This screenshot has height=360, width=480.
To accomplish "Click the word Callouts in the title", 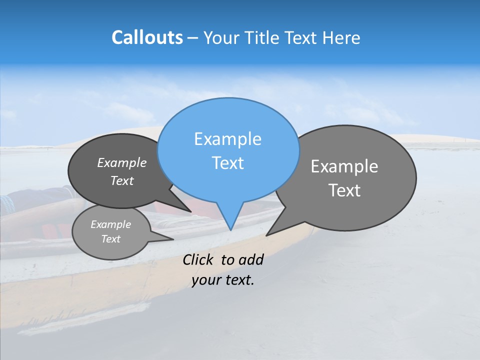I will coord(147,38).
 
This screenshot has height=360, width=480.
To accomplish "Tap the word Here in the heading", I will coord(340,38).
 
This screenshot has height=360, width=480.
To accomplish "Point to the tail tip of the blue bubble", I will coord(230,229).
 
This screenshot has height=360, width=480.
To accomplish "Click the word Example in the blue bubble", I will coord(227,139).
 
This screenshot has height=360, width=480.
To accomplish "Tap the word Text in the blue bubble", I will coord(228,163).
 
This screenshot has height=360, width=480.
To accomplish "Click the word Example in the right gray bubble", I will coord(344,166).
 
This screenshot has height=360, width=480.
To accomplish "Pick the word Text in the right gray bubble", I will coord(345,190).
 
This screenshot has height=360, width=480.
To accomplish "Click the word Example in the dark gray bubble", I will coord(122,162).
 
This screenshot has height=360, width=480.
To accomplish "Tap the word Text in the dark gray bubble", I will coord(122,180).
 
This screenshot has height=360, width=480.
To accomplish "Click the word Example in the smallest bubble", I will coord(110,224).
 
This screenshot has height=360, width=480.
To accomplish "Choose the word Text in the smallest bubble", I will coord(110,239).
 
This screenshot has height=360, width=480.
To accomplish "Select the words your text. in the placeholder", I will coord(223,280).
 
